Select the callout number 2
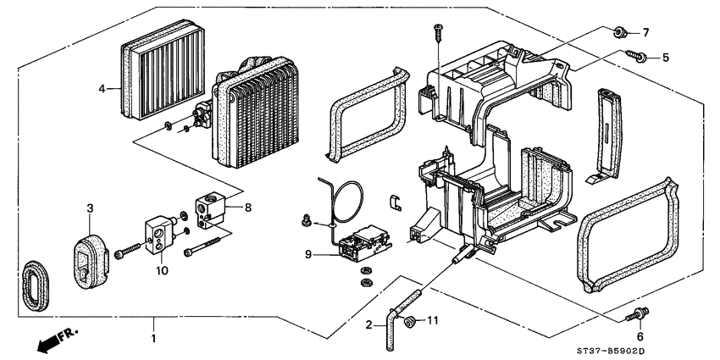click(x=369, y=325)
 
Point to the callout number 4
click(x=102, y=87)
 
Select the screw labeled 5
click(x=636, y=57)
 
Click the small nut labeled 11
click(x=411, y=320)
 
